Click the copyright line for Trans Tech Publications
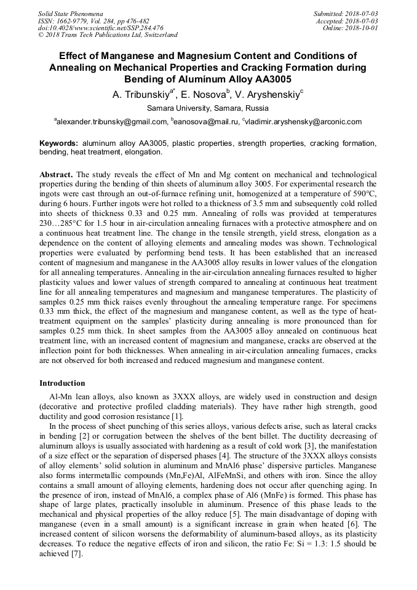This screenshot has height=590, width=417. click(108, 35)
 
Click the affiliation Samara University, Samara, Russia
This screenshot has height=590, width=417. click(208, 108)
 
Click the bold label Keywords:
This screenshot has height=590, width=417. click(58, 143)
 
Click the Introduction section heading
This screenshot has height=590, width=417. click(62, 383)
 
